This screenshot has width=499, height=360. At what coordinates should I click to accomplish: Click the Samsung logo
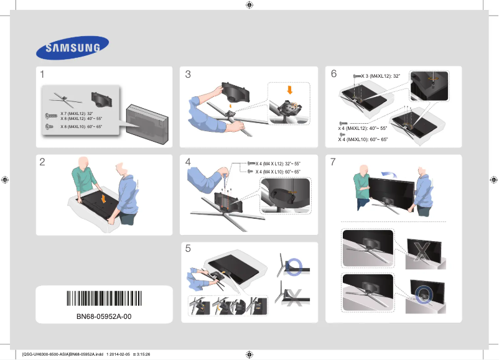[x=72, y=47]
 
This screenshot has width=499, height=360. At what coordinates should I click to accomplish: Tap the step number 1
[x=42, y=75]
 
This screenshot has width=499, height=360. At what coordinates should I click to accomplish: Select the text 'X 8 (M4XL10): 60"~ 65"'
[x=80, y=126]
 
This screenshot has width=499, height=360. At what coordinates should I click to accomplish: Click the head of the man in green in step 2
[x=82, y=164]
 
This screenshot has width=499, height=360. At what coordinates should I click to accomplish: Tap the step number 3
[x=189, y=75]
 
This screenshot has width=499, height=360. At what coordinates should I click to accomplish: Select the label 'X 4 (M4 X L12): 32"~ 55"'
[x=277, y=164]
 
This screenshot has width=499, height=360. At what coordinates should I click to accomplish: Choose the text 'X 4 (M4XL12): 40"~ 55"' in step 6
[x=363, y=129]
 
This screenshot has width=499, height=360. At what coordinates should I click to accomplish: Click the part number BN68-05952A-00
[x=104, y=316]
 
